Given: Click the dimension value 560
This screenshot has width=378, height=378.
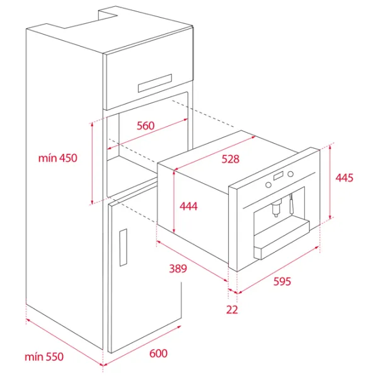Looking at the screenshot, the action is [x=146, y=126].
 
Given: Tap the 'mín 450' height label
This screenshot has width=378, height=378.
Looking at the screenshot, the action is [x=58, y=158].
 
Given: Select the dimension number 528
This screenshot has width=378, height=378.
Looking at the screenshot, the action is [x=231, y=159].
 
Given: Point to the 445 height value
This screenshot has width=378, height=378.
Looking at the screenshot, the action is [x=344, y=178].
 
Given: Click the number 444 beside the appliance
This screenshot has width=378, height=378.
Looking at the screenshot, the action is [x=188, y=207].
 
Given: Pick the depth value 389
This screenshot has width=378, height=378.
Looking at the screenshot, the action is [x=178, y=268].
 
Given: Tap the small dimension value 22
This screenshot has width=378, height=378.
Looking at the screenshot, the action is [x=232, y=309].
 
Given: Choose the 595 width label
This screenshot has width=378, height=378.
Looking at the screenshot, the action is [x=282, y=282].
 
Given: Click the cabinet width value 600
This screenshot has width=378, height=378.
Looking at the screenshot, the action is [x=158, y=353].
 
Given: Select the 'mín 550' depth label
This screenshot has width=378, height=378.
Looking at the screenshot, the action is [x=44, y=357].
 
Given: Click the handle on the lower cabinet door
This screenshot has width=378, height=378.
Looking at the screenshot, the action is [x=123, y=248].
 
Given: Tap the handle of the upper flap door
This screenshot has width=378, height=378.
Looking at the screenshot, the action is [x=155, y=83].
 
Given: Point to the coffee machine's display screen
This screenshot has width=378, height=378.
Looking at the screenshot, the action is [x=278, y=176].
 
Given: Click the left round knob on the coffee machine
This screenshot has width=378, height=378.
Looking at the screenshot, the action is [x=268, y=185].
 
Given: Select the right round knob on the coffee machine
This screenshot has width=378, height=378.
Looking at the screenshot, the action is [x=290, y=174].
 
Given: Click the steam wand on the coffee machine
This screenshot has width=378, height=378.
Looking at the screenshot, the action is [x=292, y=204].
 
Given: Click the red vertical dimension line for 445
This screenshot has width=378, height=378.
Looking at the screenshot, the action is [x=331, y=182].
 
